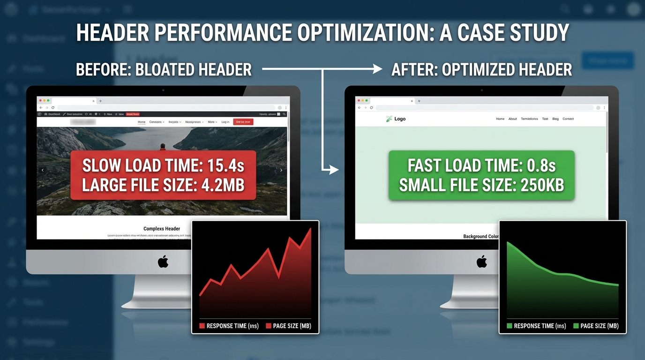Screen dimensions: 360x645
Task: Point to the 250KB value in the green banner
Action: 542,185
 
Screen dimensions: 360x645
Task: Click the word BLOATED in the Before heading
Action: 165,70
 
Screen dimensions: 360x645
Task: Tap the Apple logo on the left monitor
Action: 163,262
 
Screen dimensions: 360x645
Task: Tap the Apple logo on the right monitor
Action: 481,262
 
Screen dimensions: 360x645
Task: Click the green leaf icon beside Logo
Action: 389,119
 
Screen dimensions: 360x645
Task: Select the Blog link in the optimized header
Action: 555,119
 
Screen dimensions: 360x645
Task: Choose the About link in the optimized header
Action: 513,119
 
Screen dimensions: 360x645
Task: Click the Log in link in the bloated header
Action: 225,122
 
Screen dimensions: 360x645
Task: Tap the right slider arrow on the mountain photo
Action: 281,170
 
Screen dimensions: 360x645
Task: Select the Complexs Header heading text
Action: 162,229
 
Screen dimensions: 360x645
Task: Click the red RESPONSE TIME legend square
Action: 202,326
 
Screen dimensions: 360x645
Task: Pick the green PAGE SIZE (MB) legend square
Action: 576,326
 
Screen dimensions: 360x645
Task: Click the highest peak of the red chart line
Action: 310,229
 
